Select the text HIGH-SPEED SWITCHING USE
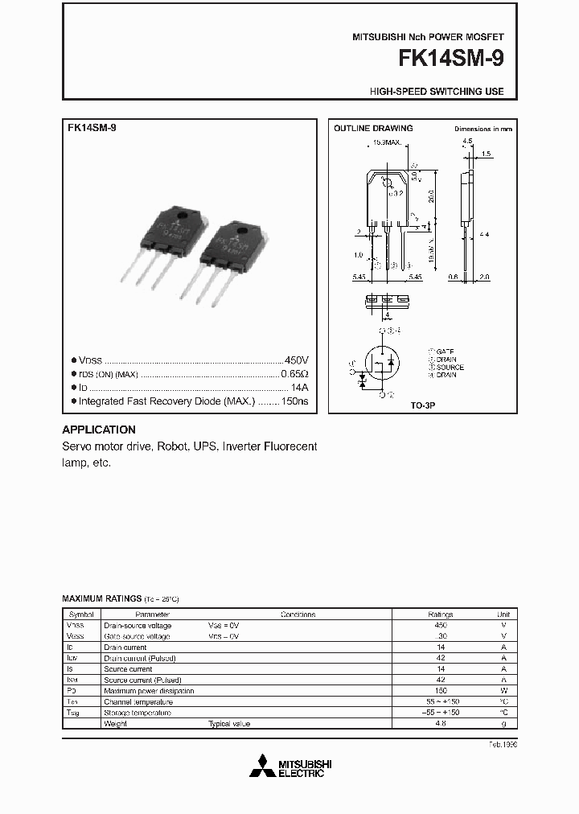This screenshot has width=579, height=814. pyautogui.click(x=437, y=92)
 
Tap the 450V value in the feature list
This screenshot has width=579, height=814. pyautogui.click(x=296, y=360)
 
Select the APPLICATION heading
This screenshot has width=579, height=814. pyautogui.click(x=99, y=430)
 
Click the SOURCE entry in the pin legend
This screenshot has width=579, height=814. pyautogui.click(x=448, y=368)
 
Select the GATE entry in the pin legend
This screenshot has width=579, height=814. pyautogui.click(x=445, y=352)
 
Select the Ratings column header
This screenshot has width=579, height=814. pyautogui.click(x=440, y=614)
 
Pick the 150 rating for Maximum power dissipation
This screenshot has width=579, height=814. pyautogui.click(x=440, y=690)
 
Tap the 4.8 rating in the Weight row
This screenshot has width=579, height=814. pyautogui.click(x=440, y=724)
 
